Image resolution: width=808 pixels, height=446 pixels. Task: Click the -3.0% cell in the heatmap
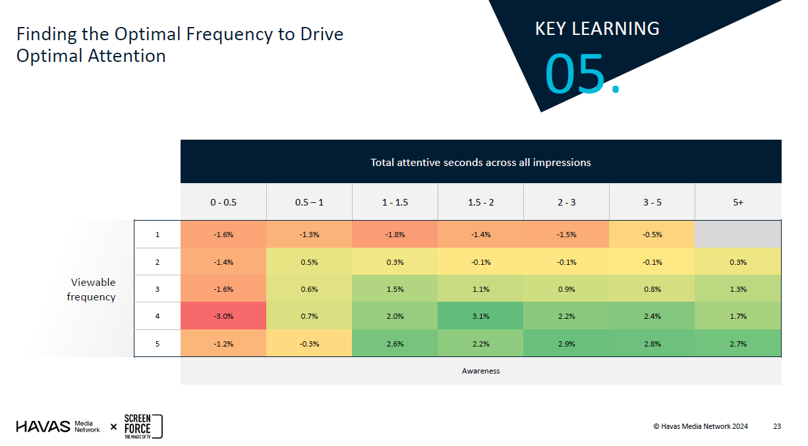(223, 316)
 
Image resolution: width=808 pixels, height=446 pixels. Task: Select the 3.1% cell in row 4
(480, 316)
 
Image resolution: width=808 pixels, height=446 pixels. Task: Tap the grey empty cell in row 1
(738, 235)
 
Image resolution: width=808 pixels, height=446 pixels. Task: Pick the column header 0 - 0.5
(223, 202)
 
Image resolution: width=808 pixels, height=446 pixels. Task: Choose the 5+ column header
(738, 202)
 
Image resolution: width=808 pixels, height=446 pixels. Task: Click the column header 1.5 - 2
(480, 202)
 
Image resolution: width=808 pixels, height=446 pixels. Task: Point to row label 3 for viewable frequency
(158, 289)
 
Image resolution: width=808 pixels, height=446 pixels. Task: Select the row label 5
(158, 344)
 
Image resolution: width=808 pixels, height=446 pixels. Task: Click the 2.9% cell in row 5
(566, 344)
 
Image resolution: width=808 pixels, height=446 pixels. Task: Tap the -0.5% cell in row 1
(652, 235)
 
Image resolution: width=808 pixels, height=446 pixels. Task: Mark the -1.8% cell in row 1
(395, 235)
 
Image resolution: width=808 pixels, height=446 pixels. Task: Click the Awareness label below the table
(480, 371)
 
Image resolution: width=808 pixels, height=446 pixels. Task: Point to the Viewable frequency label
(93, 289)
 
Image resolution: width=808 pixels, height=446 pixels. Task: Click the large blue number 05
(576, 74)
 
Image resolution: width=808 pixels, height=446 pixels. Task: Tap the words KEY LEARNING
(596, 29)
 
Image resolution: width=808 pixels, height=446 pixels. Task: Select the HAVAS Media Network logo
(58, 426)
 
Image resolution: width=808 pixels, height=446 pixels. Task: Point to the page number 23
(777, 426)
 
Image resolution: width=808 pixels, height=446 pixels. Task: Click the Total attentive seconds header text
(480, 162)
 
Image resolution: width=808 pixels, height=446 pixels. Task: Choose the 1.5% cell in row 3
(395, 289)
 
